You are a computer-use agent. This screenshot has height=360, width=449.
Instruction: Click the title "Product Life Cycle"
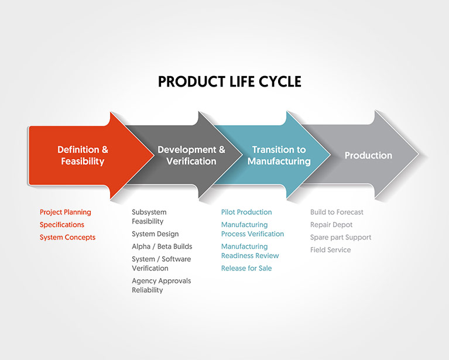pos(229,81)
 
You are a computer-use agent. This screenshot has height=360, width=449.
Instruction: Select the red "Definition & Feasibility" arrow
pos(83,155)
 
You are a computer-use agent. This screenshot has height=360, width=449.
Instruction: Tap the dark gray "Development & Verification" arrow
pos(191,155)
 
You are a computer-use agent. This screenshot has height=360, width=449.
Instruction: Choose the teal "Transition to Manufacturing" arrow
pos(279,155)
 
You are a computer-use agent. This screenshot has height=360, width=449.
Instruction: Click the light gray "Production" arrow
pos(368,155)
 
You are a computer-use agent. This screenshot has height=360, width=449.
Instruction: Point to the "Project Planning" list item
pos(66,212)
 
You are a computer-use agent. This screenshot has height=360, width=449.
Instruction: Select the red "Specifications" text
pos(62,225)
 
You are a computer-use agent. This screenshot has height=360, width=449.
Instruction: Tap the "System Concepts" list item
pos(67,237)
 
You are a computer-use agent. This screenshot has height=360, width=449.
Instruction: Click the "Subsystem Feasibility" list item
pos(149,217)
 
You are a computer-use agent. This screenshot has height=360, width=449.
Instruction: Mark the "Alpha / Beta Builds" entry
pos(162,246)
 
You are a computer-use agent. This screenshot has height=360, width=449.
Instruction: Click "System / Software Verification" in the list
pos(161,263)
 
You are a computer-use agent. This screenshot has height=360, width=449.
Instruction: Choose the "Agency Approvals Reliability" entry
pos(161,285)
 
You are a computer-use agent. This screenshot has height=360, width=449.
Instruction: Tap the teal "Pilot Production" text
pos(246,212)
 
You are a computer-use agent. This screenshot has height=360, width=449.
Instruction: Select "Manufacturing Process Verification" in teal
pos(252,229)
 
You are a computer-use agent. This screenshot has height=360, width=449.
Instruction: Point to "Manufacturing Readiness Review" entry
pos(250,251)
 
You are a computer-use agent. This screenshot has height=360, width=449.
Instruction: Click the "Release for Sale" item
pos(246,268)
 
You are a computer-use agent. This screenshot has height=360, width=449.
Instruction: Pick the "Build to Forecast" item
pos(337,212)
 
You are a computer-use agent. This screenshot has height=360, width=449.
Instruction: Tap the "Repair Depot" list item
pos(331,225)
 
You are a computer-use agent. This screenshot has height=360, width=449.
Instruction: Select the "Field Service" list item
pos(331,249)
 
